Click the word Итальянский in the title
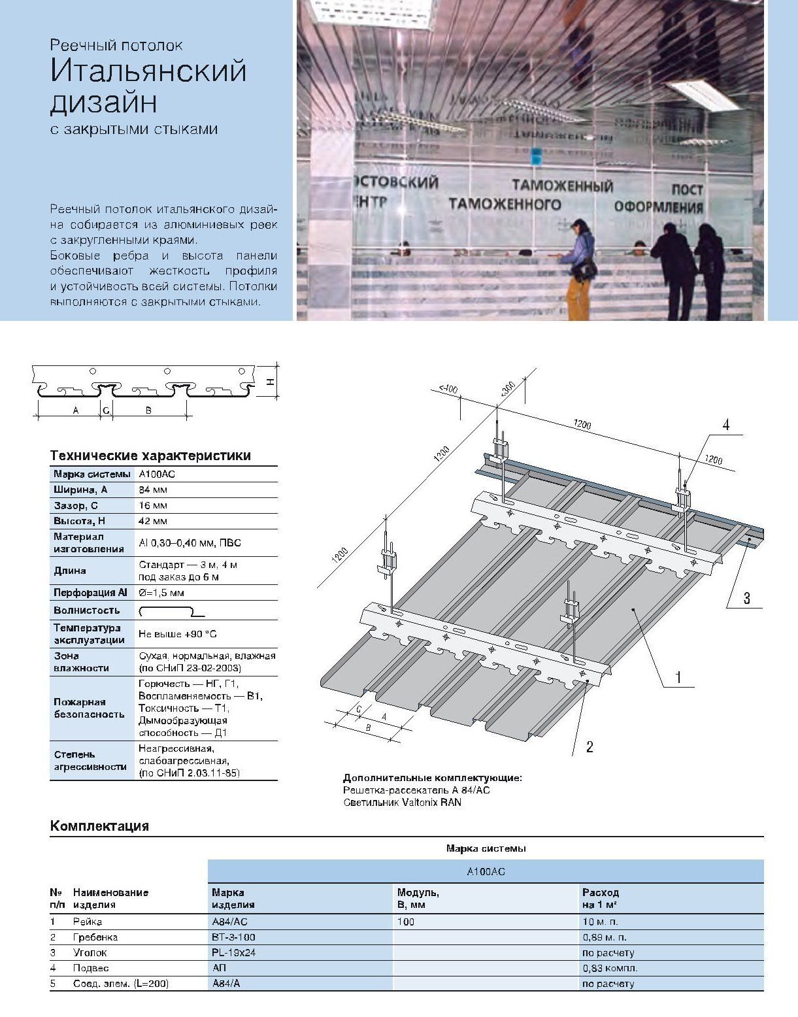(148, 71)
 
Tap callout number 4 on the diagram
(725, 425)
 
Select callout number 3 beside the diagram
(746, 597)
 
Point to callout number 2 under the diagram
(590, 746)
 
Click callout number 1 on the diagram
(678, 677)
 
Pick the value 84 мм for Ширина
(153, 490)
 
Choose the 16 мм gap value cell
(153, 505)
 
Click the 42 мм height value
(153, 521)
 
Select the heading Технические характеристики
(150, 456)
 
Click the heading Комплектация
(99, 825)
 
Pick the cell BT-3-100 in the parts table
(233, 937)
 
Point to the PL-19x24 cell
(233, 953)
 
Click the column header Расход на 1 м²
(600, 898)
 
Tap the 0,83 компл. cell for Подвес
(610, 968)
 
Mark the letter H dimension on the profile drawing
(270, 382)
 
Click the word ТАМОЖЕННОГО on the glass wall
(505, 204)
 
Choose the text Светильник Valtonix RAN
(402, 802)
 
